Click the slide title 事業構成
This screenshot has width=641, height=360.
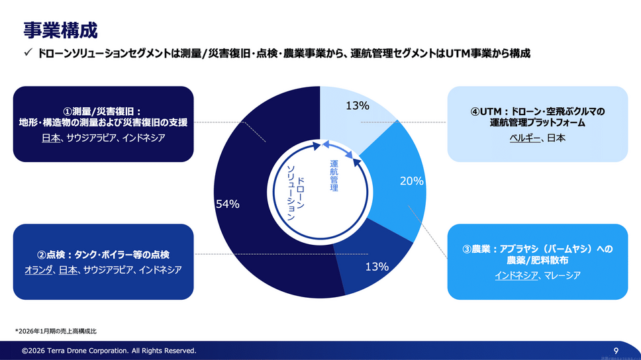tap(60, 30)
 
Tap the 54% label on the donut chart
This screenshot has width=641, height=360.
tap(227, 204)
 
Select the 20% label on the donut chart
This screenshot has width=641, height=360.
tap(411, 181)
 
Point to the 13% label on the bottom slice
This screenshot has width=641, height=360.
tap(376, 267)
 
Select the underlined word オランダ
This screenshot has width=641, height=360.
tap(38, 270)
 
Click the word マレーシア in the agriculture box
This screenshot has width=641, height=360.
tap(562, 275)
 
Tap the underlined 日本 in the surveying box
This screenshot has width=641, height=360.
tap(51, 138)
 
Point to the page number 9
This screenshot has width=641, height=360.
tap(616, 350)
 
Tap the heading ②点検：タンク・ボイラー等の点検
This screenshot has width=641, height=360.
tap(103, 255)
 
